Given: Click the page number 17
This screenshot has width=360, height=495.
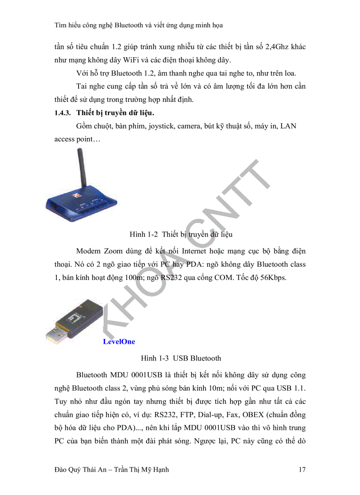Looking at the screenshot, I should pos(302,470).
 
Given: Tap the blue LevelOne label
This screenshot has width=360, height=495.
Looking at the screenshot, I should pos(119,342).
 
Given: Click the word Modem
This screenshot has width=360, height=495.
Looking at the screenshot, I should pos(89,251).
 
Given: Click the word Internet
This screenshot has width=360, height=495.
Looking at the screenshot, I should pos(199,251).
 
